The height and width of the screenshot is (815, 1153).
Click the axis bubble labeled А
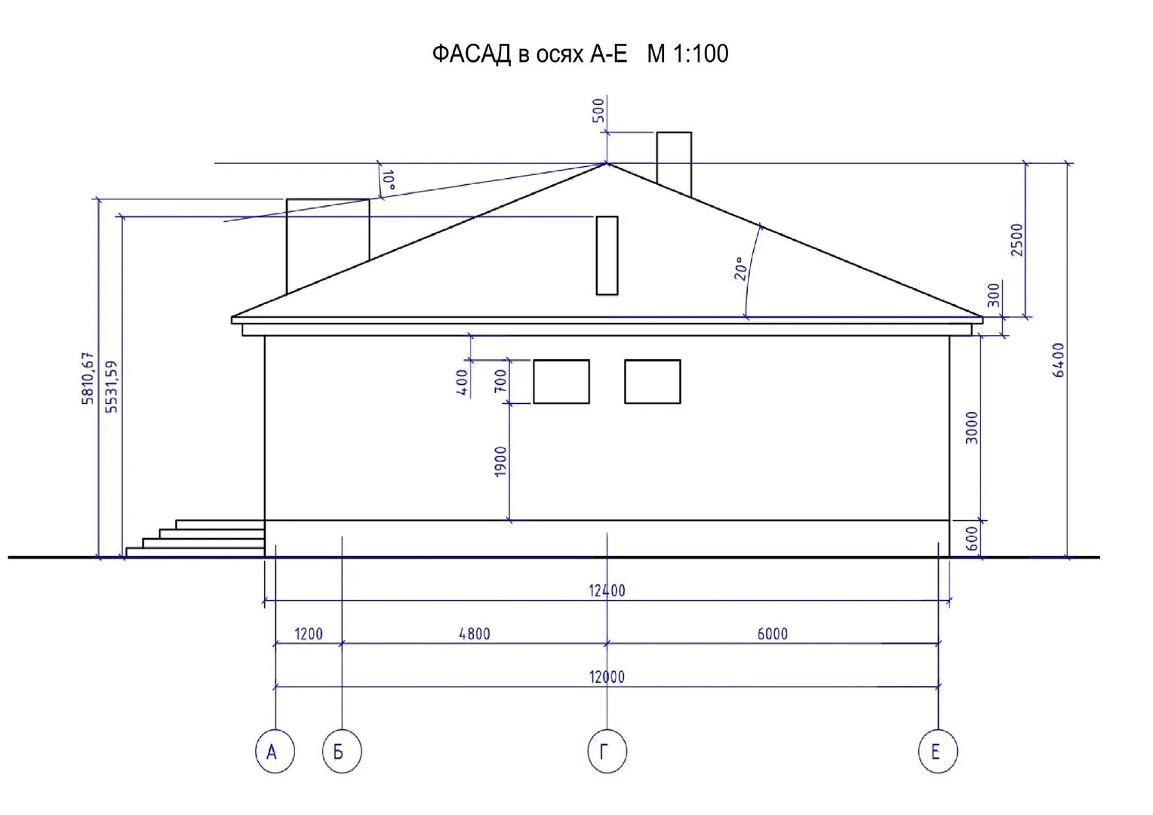click(x=275, y=751)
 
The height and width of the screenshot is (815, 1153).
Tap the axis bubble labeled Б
click(x=342, y=751)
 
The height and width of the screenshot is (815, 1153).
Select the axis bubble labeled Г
click(x=607, y=751)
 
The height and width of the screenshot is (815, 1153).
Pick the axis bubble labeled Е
click(x=938, y=751)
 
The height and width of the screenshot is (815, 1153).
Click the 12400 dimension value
click(x=607, y=591)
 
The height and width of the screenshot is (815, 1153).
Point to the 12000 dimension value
click(x=607, y=676)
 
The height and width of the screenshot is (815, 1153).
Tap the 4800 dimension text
click(x=475, y=634)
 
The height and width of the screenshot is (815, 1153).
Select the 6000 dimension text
click(x=772, y=634)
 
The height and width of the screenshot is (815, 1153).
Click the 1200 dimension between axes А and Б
click(x=309, y=634)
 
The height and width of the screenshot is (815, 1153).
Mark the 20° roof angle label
click(x=740, y=268)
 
